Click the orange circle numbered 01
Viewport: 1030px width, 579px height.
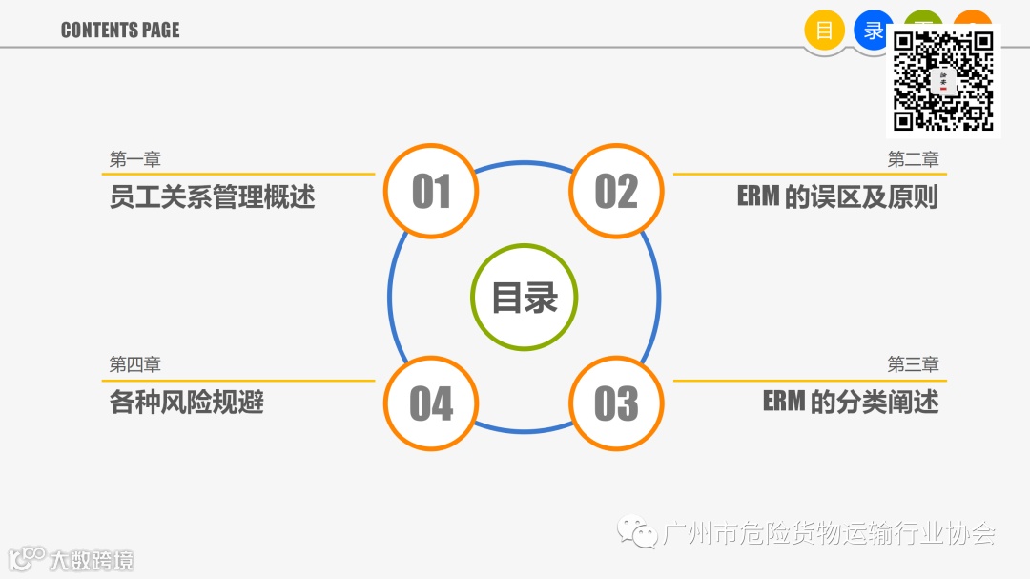[x=430, y=191]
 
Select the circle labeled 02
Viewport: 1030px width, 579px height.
[x=616, y=191]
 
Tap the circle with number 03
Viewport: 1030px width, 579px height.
[x=616, y=403]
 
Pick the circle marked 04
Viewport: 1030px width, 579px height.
[x=430, y=403]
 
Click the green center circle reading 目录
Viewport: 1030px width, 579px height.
[x=524, y=297]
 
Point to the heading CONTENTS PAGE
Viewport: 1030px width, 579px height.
[x=120, y=30]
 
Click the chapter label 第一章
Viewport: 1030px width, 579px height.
[x=134, y=159]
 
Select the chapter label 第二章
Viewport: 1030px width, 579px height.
[x=913, y=159]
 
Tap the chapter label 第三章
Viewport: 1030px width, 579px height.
[x=913, y=364]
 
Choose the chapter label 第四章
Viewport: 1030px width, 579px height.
[x=134, y=364]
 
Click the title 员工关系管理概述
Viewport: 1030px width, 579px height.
[x=212, y=197]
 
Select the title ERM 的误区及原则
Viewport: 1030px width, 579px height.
[x=837, y=197]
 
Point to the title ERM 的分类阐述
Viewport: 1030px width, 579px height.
[x=850, y=402]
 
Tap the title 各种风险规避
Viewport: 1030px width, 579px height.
[x=186, y=402]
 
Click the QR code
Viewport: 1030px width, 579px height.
[x=943, y=82]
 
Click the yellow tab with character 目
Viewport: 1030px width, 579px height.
[x=824, y=30]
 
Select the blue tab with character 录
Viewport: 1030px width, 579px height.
[x=872, y=30]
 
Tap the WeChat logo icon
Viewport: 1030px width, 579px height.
[x=636, y=530]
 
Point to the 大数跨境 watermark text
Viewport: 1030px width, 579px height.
[x=92, y=560]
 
